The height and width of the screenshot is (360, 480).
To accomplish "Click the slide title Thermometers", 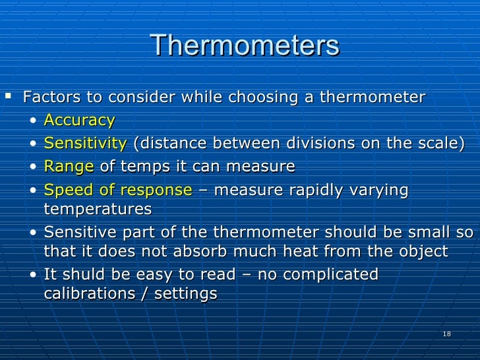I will (x=244, y=45).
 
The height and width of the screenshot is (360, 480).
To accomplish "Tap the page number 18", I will (x=447, y=335).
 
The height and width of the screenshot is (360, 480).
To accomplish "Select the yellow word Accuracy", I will (x=79, y=120).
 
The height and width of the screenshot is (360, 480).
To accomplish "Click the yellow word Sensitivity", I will (x=85, y=143).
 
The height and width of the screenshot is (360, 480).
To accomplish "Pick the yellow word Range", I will (x=69, y=166).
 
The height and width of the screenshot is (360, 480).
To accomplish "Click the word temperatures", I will (x=97, y=210).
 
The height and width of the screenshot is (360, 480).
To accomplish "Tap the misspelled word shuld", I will (x=83, y=274).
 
